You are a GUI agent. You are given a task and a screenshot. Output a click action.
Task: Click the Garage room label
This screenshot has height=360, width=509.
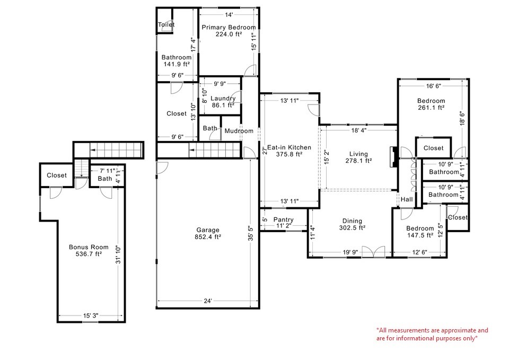point(208,230)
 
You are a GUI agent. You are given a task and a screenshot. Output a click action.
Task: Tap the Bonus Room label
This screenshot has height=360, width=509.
point(89,247)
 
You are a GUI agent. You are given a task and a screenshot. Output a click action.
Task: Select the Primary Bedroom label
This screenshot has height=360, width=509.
point(228,27)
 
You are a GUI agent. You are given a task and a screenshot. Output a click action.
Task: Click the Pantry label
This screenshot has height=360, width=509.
point(283,219)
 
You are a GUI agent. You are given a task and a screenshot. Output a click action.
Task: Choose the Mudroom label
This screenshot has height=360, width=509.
point(239,131)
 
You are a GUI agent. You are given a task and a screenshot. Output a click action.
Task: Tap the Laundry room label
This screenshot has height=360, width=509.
point(223,98)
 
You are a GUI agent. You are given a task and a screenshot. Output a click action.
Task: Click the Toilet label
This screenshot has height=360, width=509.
point(166,24)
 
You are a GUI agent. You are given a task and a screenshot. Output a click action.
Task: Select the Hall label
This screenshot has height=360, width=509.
point(407,199)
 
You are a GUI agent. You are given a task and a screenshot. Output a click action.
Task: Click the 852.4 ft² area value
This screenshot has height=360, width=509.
point(208,237)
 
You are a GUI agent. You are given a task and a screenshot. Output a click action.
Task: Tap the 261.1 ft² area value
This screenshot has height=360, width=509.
point(431,108)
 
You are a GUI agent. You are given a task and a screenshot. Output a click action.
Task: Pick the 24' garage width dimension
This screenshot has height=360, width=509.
point(208,301)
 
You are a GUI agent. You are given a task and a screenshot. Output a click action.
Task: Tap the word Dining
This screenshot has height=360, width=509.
point(352,221)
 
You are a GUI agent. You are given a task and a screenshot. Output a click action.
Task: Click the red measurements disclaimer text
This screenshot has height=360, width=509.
point(432,334)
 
